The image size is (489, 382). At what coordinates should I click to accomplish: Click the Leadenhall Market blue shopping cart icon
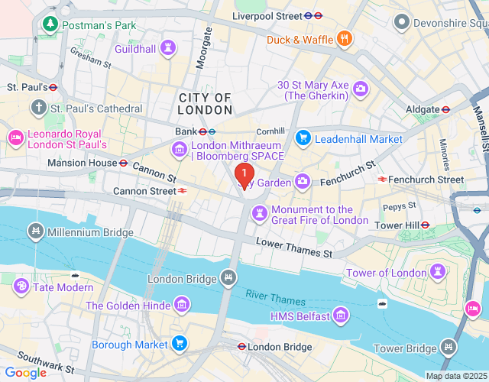[x=303, y=138]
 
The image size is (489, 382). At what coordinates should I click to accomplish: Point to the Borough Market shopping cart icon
[x=180, y=343]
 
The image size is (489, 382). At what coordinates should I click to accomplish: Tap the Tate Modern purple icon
[x=21, y=286]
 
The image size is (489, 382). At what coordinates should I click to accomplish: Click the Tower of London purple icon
[x=439, y=272]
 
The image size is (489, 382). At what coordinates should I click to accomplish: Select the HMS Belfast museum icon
[x=341, y=316]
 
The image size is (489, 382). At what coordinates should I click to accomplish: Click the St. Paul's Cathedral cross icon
[x=40, y=108]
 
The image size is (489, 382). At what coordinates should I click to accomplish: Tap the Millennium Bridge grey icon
[x=35, y=231]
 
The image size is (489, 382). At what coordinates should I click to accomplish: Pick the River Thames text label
[x=275, y=299]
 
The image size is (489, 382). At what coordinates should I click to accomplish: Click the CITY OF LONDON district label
[x=206, y=104]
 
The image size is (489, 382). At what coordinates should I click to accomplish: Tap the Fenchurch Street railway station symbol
[x=382, y=180]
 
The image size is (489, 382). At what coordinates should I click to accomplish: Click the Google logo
[x=25, y=372]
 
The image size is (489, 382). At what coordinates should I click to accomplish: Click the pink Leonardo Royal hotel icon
[x=15, y=138]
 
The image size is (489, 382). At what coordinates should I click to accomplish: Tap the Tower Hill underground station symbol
[x=426, y=225]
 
